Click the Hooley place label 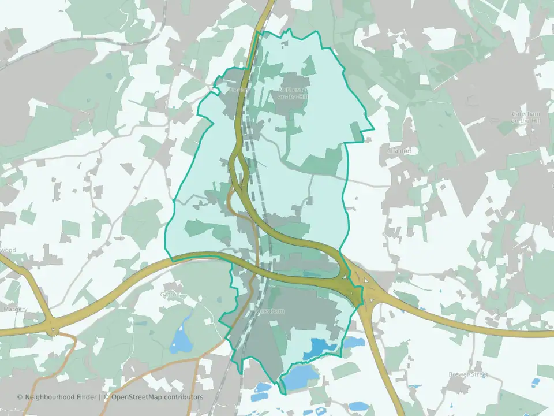pyautogui.click(x=239, y=90)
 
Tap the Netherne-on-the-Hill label pyautogui.click(x=293, y=94)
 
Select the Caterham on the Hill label pyautogui.click(x=525, y=117)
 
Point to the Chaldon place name pyautogui.click(x=399, y=151)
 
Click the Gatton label pyautogui.click(x=170, y=294)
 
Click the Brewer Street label pyautogui.click(x=468, y=374)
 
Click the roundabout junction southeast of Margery pyautogui.click(x=54, y=331)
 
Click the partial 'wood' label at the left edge pyautogui.click(x=8, y=250)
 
